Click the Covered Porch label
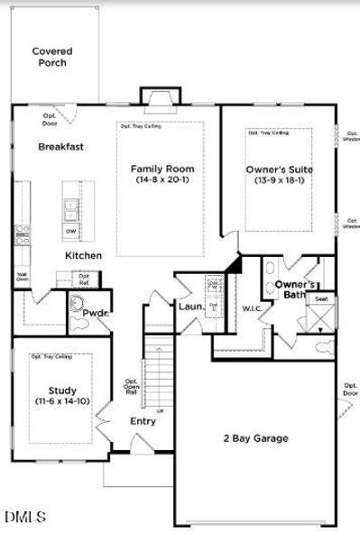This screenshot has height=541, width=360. click(52, 57)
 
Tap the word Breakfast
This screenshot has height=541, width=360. click(60, 146)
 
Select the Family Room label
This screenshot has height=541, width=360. click(162, 169)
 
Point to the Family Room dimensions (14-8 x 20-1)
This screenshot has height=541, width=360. click(162, 181)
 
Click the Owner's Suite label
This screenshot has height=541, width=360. click(279, 169)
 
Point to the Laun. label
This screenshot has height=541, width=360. click(190, 307)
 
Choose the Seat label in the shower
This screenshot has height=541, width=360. click(320, 298)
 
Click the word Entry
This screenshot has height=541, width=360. click(143, 421)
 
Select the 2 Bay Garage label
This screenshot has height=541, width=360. click(256, 439)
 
